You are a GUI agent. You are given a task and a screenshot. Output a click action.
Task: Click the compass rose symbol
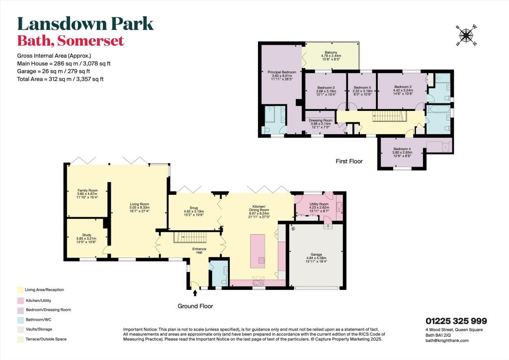tap(466, 35)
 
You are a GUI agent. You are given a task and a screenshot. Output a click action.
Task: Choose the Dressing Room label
tap(320, 120)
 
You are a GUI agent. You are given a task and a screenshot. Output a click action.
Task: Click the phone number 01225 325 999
tap(456, 321)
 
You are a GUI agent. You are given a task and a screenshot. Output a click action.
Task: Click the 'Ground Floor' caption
tap(195, 306)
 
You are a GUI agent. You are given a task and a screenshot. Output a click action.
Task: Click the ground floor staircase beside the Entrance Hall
tap(189, 238)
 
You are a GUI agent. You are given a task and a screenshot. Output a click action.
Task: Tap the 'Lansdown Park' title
tap(85, 23)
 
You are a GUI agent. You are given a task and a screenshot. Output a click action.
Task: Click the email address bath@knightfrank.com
tap(447, 341)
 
